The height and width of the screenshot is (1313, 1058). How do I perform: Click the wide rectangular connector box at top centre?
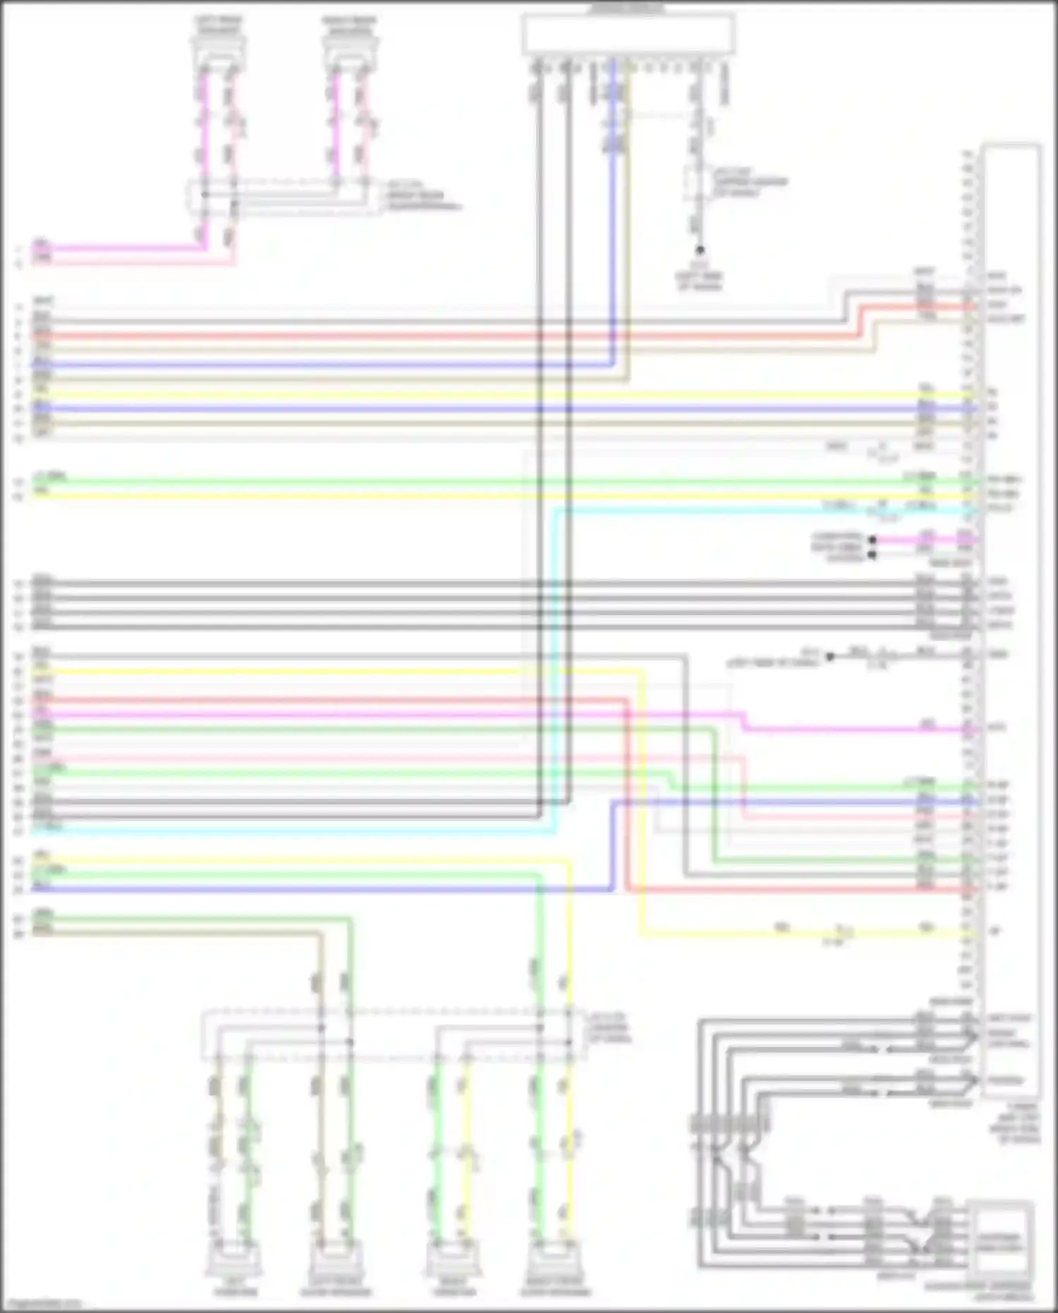coord(628,34)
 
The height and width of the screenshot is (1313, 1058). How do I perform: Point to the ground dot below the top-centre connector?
coord(700,250)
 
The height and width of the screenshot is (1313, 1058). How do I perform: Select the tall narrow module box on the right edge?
coord(1012,621)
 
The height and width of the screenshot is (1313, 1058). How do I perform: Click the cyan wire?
coord(556,670)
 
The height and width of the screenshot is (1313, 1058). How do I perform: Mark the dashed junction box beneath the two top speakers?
coord(282,197)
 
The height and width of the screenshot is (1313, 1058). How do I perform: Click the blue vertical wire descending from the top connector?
coord(612,212)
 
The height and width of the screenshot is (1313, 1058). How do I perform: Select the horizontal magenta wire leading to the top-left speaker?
coord(120,248)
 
